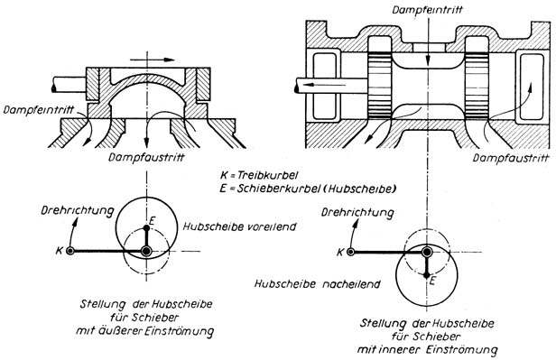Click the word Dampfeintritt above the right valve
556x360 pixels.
coord(427,9)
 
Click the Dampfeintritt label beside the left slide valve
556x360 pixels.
coord(39,109)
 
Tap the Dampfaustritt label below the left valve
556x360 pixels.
coord(146,157)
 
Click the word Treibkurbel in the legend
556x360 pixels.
coord(267,175)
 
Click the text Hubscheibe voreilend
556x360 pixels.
coord(239,226)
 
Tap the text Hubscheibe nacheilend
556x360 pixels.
coord(318,284)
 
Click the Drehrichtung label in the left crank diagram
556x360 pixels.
coord(78,210)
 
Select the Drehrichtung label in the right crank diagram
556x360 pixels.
coord(357,213)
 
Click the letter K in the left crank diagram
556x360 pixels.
coord(59,251)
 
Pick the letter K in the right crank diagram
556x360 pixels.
coord(340,252)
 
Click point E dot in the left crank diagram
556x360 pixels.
coord(146,226)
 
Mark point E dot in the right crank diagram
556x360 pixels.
coord(427,275)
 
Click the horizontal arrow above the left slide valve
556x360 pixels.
coord(153,60)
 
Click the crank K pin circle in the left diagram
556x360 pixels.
coord(70,251)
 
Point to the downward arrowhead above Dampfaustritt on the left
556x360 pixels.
coord(146,143)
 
